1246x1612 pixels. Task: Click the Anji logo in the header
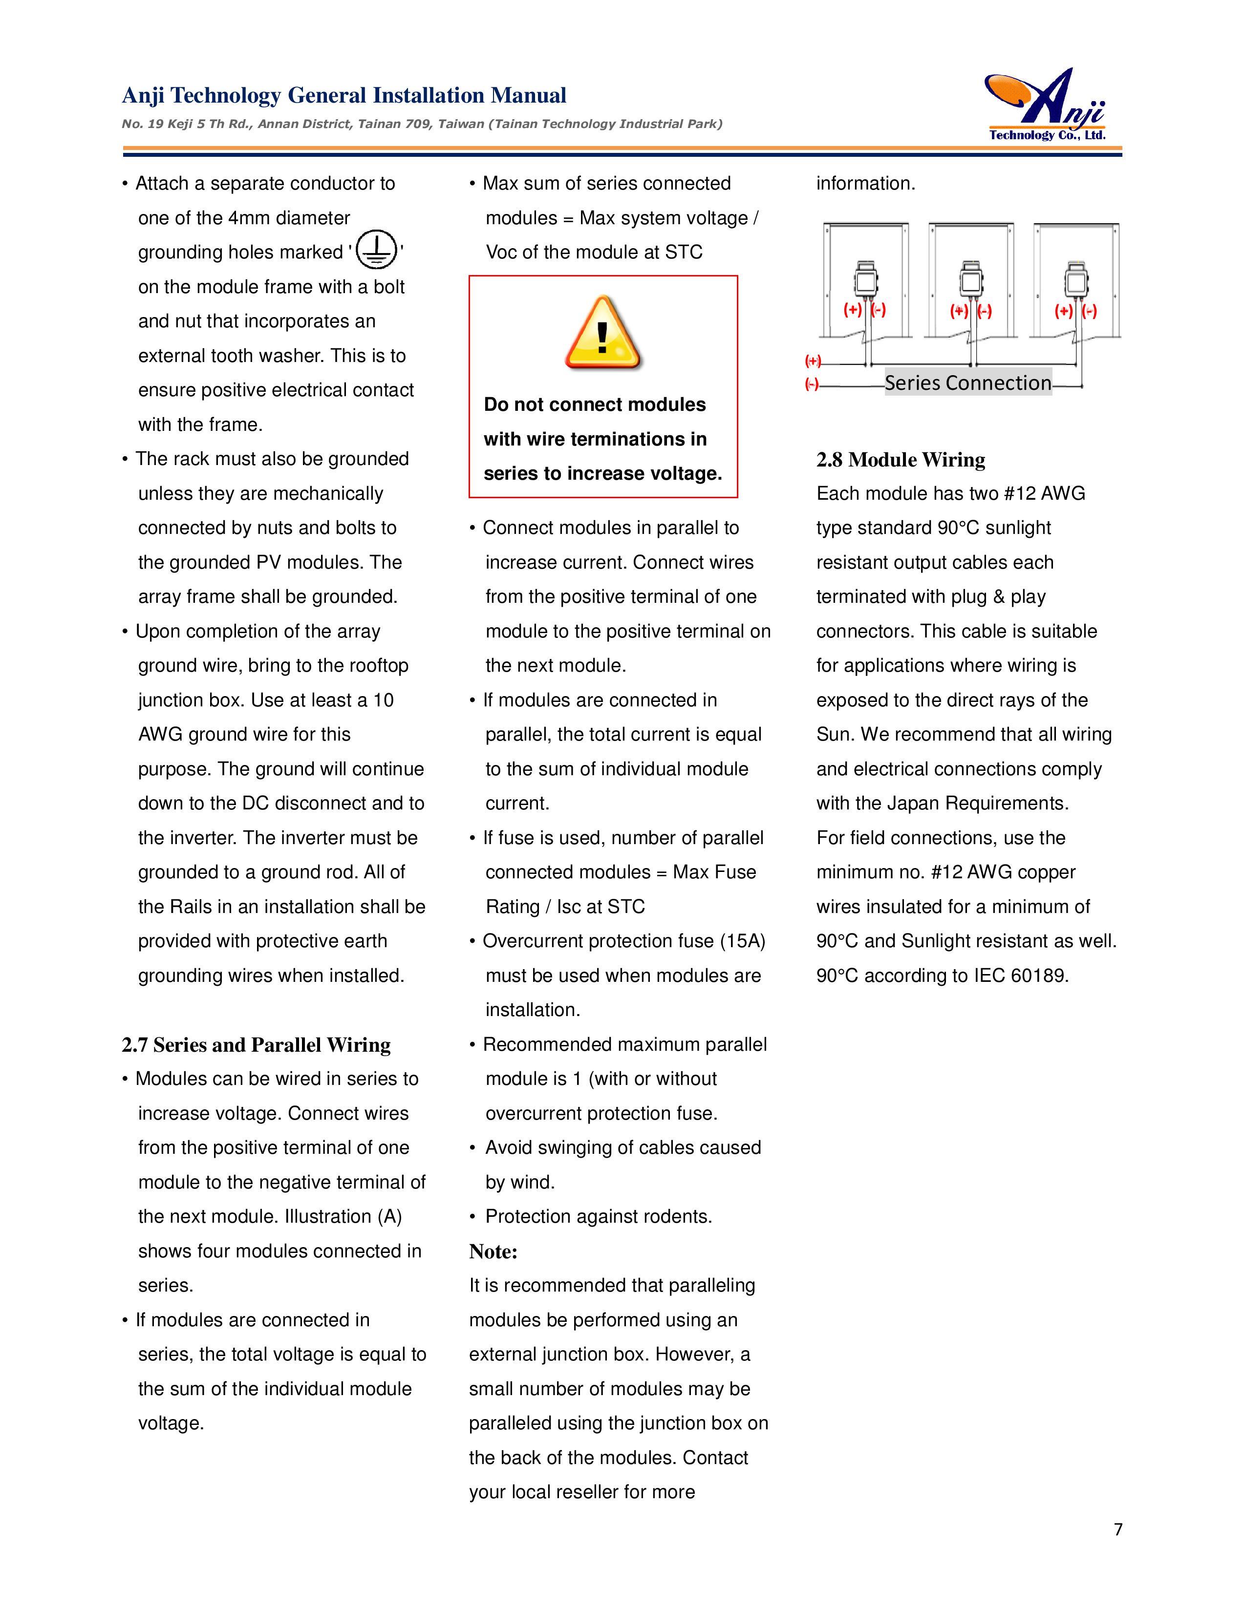point(1047,106)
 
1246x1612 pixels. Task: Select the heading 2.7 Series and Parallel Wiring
point(256,1045)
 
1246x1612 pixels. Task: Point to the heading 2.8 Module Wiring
point(901,460)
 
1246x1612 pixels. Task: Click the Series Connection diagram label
point(967,382)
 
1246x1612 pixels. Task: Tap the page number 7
point(1117,1528)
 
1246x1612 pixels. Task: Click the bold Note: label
point(493,1252)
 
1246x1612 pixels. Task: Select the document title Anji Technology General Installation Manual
point(344,95)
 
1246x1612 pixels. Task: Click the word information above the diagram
point(865,184)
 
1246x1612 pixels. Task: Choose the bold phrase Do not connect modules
point(594,404)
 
